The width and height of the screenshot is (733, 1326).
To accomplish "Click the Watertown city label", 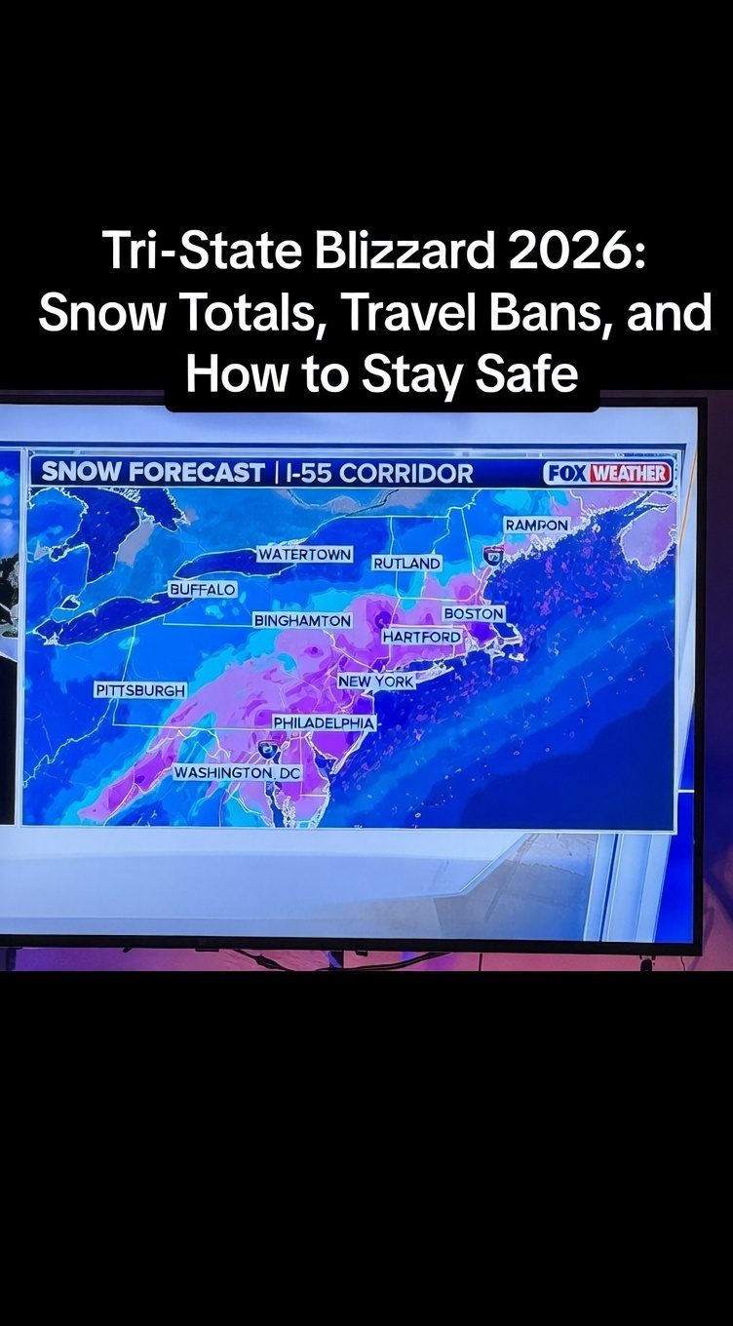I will (304, 554).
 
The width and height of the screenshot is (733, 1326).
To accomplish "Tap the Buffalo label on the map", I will (202, 590).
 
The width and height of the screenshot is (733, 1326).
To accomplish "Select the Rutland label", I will (406, 564).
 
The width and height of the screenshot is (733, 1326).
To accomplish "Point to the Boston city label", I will (474, 614).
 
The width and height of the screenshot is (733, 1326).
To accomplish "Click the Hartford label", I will (421, 637).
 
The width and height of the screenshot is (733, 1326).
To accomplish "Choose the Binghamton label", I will (302, 620).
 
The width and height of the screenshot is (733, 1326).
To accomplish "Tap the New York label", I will (376, 682).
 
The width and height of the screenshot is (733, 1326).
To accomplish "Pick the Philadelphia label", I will (324, 722).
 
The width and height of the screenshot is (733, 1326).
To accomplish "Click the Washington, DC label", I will (238, 772).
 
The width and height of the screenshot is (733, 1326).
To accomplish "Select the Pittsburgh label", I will (139, 690).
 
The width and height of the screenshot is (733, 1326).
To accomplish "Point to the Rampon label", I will (536, 526).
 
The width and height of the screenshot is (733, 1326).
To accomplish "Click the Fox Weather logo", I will (608, 474).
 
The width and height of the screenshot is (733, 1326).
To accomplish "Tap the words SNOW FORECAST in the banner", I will (153, 473).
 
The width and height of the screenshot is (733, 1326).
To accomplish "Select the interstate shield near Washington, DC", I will (266, 749).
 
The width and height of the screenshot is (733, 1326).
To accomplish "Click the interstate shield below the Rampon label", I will (493, 555).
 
